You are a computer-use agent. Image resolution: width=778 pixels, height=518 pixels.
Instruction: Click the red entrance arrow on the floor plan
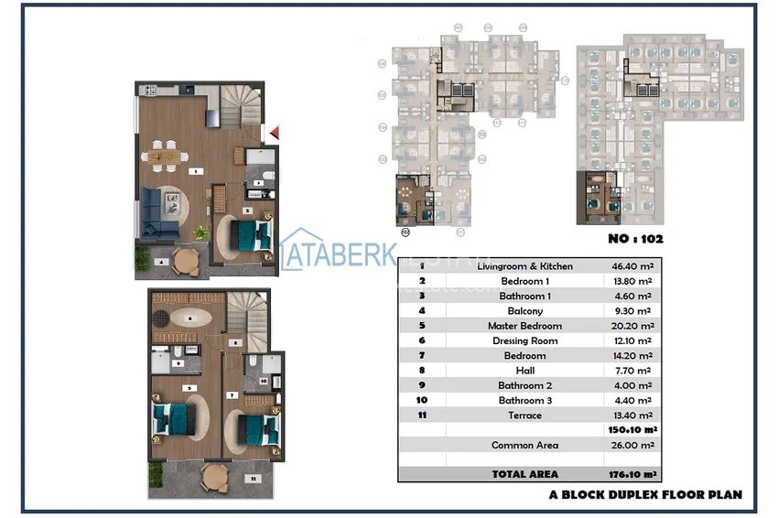click(273, 134)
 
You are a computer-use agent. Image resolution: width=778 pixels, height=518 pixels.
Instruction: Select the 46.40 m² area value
click(632, 266)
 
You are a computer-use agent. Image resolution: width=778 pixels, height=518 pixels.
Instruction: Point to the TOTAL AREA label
click(525, 474)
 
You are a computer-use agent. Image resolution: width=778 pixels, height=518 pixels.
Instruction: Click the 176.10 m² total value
click(632, 474)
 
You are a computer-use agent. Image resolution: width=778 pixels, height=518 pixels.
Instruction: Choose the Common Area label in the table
click(524, 445)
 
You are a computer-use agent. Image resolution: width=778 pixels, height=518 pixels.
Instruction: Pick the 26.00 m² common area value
click(632, 445)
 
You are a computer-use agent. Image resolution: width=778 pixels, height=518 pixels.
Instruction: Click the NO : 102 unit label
click(635, 238)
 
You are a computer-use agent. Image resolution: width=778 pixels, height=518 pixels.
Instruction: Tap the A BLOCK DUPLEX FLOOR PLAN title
click(645, 494)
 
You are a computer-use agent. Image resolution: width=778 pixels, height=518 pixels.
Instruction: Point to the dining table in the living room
click(167, 156)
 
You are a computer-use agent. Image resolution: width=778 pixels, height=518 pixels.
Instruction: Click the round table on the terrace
click(216, 476)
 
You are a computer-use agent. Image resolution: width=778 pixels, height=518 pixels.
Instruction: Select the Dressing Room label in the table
click(525, 340)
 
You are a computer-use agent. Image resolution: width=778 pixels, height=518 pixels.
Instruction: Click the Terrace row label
click(525, 415)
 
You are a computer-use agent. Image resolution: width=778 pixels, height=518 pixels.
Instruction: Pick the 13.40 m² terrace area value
click(632, 415)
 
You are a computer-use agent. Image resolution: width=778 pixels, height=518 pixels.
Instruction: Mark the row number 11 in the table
click(422, 415)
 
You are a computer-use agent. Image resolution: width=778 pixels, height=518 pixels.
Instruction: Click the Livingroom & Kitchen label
click(525, 266)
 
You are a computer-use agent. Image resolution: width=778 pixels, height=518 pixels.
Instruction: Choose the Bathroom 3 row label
click(525, 400)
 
